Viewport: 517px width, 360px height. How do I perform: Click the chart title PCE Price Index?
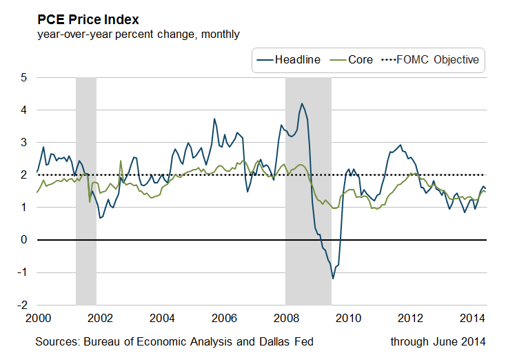click(x=88, y=20)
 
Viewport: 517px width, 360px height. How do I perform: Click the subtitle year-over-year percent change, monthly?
click(x=139, y=34)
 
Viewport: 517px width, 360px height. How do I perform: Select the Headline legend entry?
click(x=289, y=60)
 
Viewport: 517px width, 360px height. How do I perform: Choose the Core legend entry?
click(x=351, y=60)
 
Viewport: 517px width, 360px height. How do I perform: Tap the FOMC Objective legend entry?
click(x=430, y=60)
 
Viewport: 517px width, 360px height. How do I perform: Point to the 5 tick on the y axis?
click(x=23, y=78)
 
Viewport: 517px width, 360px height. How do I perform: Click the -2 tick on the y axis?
click(x=23, y=306)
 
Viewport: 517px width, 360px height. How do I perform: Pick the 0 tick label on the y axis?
click(x=23, y=240)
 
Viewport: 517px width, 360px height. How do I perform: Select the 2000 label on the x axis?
click(x=38, y=318)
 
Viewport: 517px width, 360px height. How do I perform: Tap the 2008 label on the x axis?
click(x=286, y=318)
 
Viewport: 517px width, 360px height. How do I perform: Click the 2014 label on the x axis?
click(x=472, y=318)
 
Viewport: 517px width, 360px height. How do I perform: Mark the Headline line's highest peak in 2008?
click(x=302, y=103)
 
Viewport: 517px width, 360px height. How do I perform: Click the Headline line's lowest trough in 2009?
click(x=333, y=279)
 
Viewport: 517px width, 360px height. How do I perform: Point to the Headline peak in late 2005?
click(x=214, y=119)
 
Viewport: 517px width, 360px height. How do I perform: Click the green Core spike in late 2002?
click(x=121, y=161)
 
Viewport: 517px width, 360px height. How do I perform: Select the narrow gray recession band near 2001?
click(x=86, y=192)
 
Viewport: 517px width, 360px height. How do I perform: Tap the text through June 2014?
click(x=438, y=342)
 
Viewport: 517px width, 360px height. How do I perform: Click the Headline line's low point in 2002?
click(x=100, y=218)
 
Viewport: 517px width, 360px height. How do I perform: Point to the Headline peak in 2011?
click(x=401, y=145)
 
